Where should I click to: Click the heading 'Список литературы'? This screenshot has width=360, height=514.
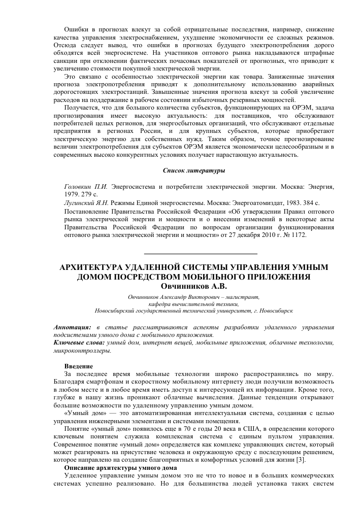pos(194,169)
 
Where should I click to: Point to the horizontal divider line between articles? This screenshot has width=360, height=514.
pos(201,253)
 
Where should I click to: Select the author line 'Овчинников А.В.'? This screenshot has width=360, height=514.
pos(194,286)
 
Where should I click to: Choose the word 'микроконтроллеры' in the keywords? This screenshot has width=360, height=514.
pos(82,350)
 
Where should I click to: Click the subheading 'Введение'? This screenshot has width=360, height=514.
pos(79,366)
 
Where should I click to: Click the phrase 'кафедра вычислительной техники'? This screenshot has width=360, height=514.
pos(194,303)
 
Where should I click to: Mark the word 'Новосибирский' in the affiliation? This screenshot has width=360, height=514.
pos(117,310)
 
